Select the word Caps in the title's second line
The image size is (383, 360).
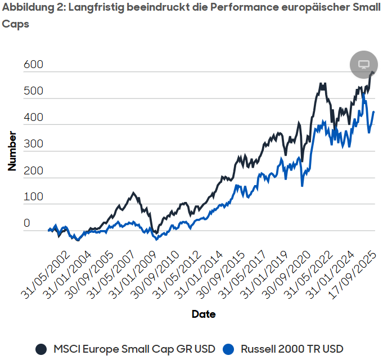point(15,25)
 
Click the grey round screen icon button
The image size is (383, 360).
point(363,64)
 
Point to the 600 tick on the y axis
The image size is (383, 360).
point(33,66)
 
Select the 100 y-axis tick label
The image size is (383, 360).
point(33,197)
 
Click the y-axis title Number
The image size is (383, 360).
point(12,150)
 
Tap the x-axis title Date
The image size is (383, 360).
point(203,314)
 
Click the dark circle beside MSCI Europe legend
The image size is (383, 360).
point(41,349)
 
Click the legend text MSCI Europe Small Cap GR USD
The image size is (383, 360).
point(134,349)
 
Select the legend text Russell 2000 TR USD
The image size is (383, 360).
point(292,349)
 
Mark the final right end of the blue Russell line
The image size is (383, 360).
point(374,112)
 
